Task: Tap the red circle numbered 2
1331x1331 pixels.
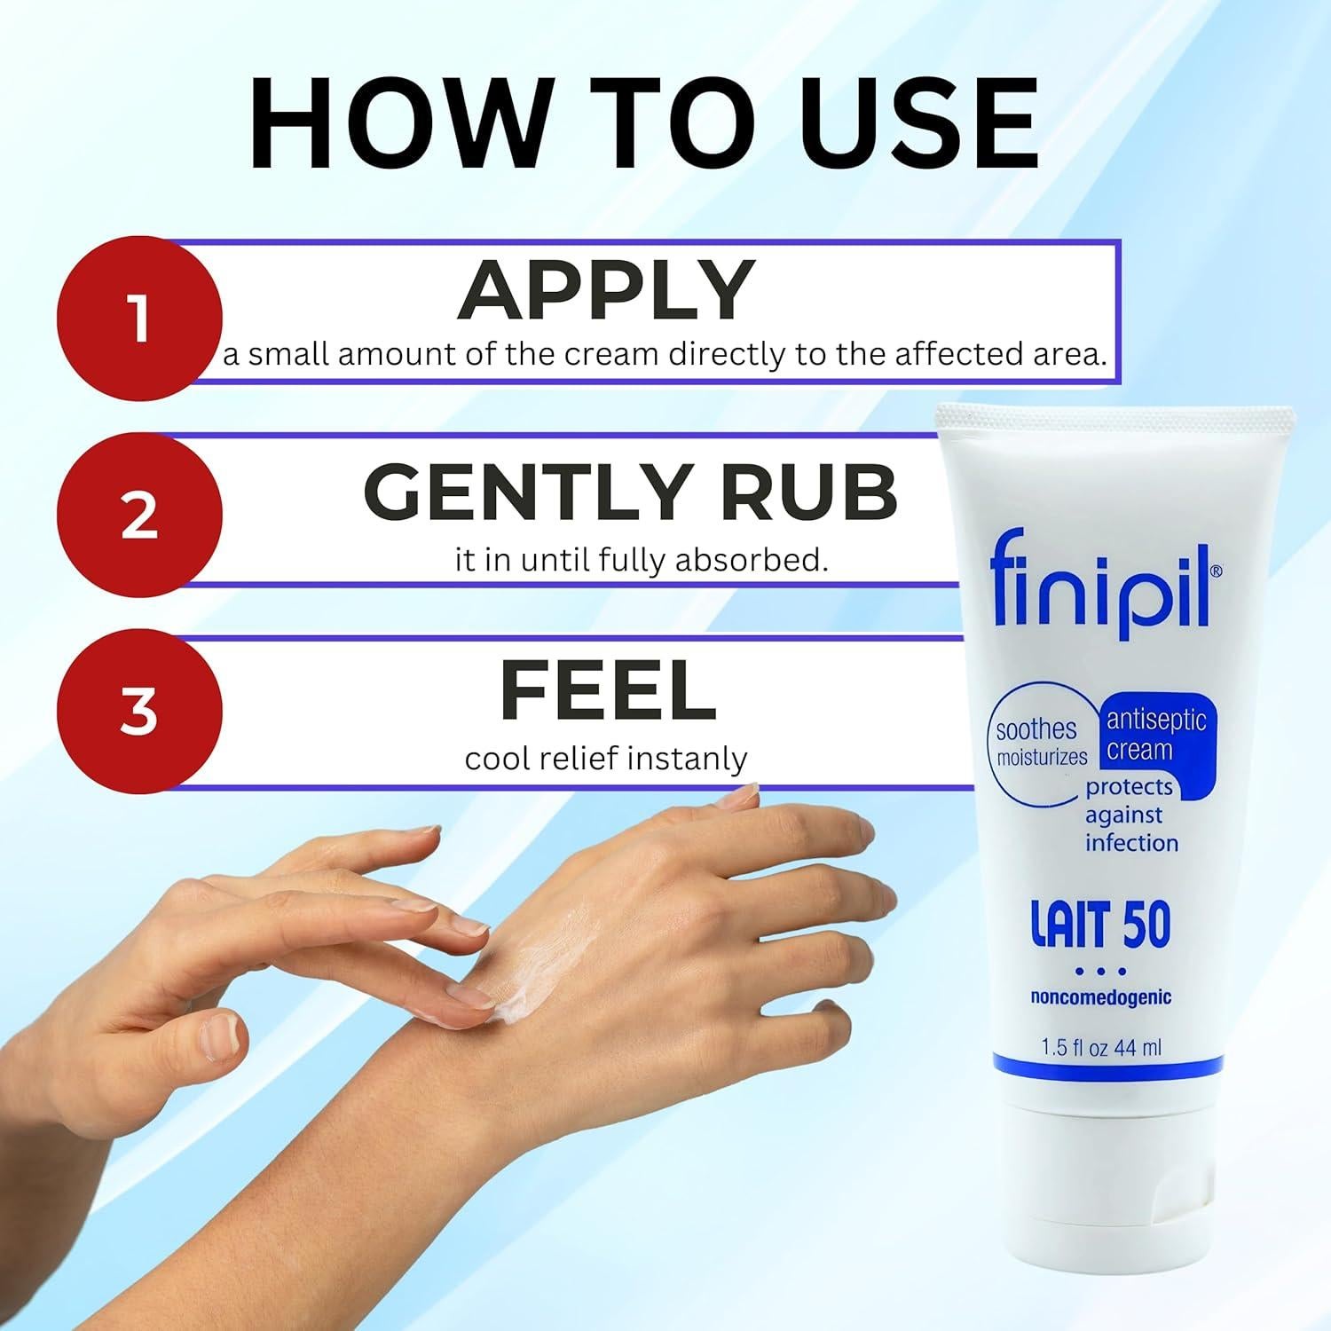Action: pyautogui.click(x=139, y=515)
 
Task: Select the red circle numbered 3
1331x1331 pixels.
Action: pyautogui.click(x=139, y=712)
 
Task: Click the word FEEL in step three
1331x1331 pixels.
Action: pyautogui.click(x=608, y=690)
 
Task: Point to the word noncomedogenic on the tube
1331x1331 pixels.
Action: pyautogui.click(x=1100, y=997)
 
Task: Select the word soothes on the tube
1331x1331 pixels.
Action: pyautogui.click(x=1036, y=729)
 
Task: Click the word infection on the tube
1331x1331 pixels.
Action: pyautogui.click(x=1131, y=843)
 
